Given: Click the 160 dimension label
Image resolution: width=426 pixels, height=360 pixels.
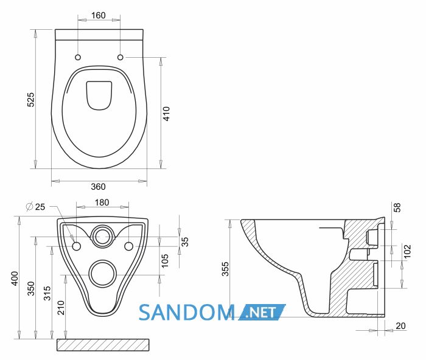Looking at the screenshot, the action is click(98, 15).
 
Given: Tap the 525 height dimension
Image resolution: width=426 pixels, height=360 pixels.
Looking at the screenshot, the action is click(31, 100).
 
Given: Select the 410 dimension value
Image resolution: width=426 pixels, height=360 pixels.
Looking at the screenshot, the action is click(166, 114).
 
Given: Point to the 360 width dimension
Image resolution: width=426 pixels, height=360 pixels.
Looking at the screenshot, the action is click(98, 187).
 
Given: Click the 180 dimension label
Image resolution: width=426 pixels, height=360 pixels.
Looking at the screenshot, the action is click(102, 202).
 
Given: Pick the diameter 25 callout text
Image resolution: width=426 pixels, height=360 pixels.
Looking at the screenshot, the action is click(35, 207).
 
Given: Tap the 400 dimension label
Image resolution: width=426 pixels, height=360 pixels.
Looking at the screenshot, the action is click(15, 279).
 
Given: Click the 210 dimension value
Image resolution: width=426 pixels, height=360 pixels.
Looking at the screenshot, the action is click(61, 308).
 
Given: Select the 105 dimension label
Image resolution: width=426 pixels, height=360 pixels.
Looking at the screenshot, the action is click(165, 261).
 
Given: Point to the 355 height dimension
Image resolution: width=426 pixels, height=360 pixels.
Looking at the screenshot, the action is click(225, 269).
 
